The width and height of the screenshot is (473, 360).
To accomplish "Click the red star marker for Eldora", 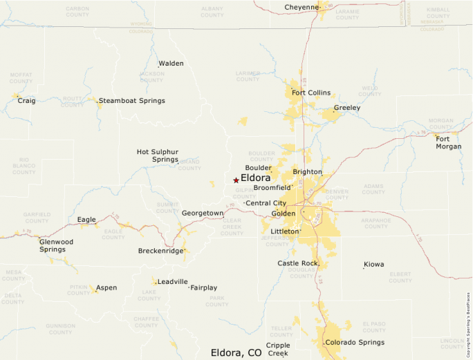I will [x=236, y=180].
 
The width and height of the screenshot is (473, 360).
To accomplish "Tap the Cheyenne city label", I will [x=301, y=8].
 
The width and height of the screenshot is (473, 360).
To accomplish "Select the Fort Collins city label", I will [x=310, y=93].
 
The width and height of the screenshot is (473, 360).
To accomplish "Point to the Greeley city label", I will [x=346, y=108].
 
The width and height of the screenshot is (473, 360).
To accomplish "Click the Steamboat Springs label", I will [x=131, y=101].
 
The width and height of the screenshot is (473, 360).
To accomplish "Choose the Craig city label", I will [x=26, y=101].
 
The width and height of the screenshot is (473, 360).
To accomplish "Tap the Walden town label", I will [x=171, y=64].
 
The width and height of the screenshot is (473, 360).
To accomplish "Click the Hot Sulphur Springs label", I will [x=158, y=155].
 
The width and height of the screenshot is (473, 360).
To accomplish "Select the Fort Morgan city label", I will [x=448, y=142].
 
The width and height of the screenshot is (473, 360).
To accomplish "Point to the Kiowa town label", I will [x=374, y=265].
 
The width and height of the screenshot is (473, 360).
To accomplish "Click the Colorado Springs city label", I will [x=355, y=343].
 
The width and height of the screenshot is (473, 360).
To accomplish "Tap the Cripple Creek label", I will [x=278, y=349].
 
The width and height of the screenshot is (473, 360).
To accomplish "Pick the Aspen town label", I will [x=106, y=287].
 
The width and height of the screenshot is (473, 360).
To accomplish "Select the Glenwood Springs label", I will [x=56, y=245].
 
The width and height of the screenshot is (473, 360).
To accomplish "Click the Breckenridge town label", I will [x=160, y=251].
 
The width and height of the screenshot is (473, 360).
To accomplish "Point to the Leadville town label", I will [x=172, y=282].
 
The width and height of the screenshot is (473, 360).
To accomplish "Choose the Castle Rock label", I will [x=297, y=263].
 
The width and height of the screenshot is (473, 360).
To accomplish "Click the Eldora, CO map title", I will [x=236, y=352].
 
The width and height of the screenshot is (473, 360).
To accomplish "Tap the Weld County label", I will [x=369, y=91].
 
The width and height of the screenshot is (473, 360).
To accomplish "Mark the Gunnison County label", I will [x=60, y=328].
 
